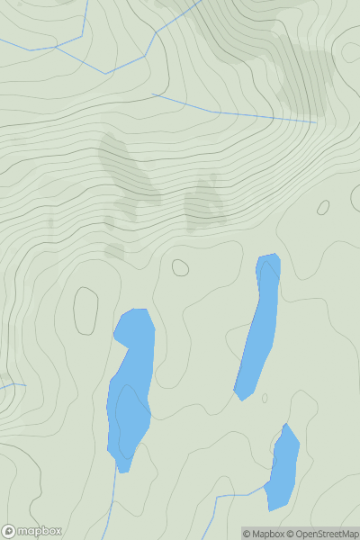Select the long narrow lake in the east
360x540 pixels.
259,328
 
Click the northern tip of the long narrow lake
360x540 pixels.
268,256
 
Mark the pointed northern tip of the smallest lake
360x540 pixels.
286,424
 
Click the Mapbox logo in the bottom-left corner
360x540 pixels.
32,531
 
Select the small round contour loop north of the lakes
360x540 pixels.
180,267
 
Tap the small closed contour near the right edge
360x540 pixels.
323,207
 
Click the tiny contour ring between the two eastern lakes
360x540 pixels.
265,398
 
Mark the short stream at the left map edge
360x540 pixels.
13,386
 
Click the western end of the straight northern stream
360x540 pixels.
153,94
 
